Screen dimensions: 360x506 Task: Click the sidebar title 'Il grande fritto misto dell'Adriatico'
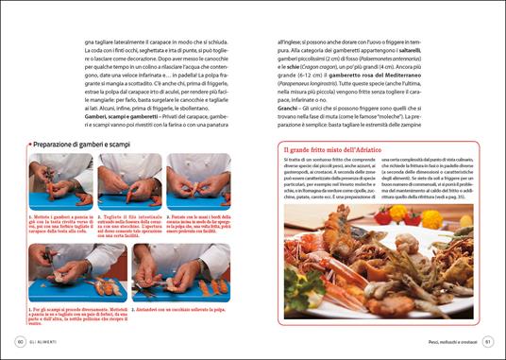[347, 149]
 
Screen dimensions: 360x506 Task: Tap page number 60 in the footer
[20, 341]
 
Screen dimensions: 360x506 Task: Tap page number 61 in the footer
[488, 341]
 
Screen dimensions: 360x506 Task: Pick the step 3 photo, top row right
[197, 182]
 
